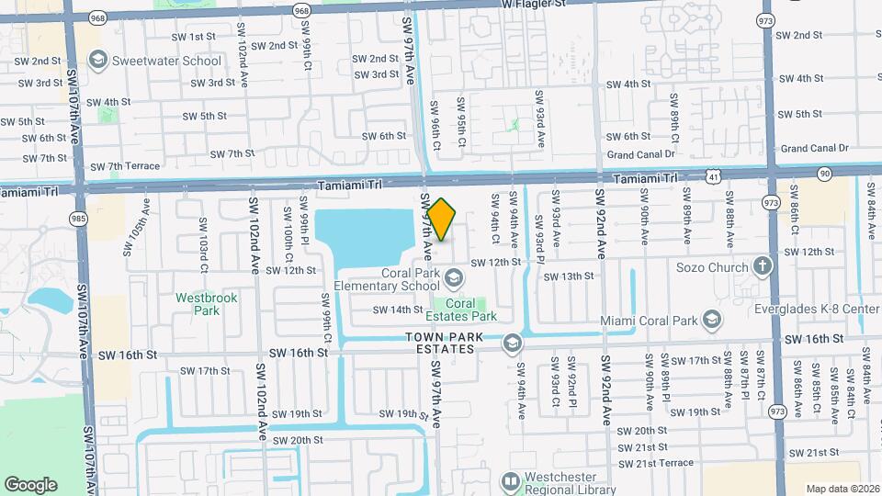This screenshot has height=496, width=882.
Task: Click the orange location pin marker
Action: (442, 220)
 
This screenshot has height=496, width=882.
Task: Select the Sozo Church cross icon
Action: (762, 267)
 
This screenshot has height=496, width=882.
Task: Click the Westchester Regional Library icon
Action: (510, 480)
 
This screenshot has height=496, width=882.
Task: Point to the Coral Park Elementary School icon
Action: (454, 277)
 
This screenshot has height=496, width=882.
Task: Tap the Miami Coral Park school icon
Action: (710, 320)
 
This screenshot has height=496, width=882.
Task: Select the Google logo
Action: (30, 485)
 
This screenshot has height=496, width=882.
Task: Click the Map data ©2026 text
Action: (841, 488)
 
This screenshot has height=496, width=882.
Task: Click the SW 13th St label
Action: (571, 276)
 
